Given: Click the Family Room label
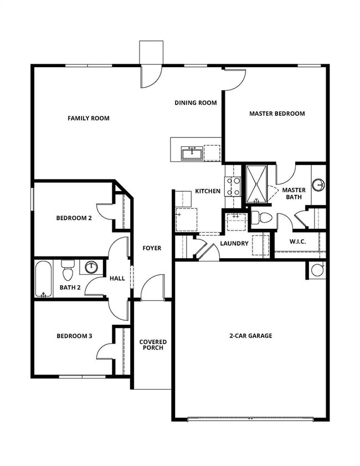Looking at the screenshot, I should pyautogui.click(x=88, y=118).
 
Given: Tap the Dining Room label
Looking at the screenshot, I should pyautogui.click(x=195, y=103).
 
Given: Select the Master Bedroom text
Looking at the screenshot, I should pyautogui.click(x=276, y=114).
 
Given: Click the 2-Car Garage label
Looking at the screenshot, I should pyautogui.click(x=250, y=336).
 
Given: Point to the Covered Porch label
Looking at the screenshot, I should pyautogui.click(x=153, y=345).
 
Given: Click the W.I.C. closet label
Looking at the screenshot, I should pyautogui.click(x=298, y=242).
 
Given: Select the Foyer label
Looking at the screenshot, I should pyautogui.click(x=152, y=248).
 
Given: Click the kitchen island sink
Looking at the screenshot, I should pyautogui.click(x=192, y=152).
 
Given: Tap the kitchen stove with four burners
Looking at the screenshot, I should pyautogui.click(x=232, y=186).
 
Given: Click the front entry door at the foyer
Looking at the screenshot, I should pyautogui.click(x=152, y=290).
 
